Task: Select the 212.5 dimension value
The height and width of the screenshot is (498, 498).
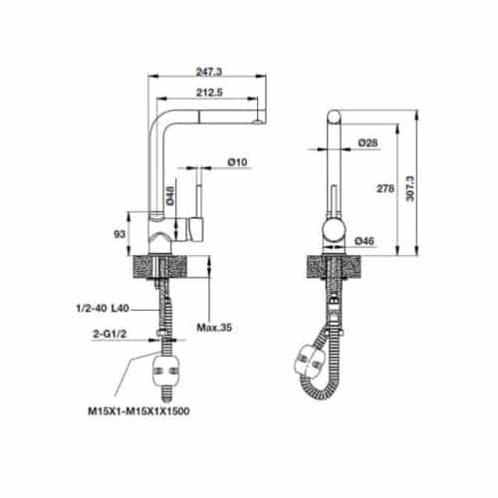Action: [208, 95]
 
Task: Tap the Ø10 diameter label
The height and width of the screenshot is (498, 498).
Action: [237, 161]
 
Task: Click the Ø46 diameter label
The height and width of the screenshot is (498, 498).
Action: [365, 239]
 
